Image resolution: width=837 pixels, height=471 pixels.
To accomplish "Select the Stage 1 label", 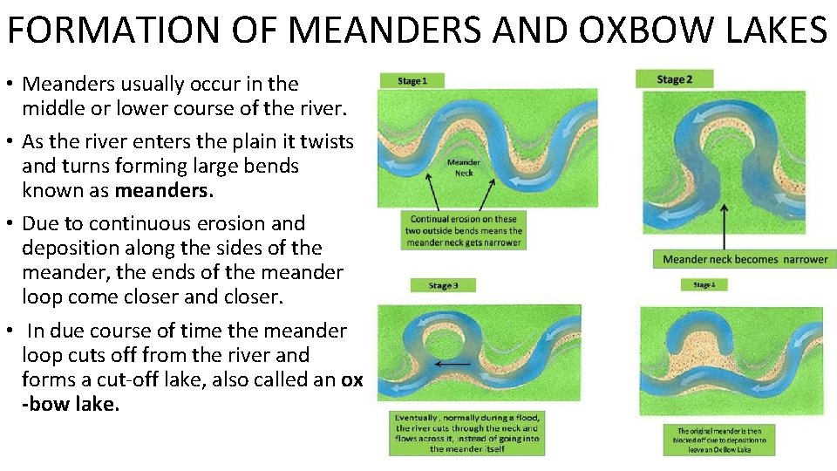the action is tap(412, 81).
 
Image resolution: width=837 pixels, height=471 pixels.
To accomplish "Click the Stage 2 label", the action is tap(674, 78).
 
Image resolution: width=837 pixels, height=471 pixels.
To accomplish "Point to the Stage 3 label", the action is tap(443, 285).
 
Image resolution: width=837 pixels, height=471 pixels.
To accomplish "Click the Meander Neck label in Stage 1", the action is tap(463, 167).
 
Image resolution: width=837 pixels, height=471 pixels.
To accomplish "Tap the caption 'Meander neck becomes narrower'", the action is tap(745, 259).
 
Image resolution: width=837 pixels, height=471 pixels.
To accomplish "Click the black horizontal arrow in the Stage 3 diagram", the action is tap(452, 363).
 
